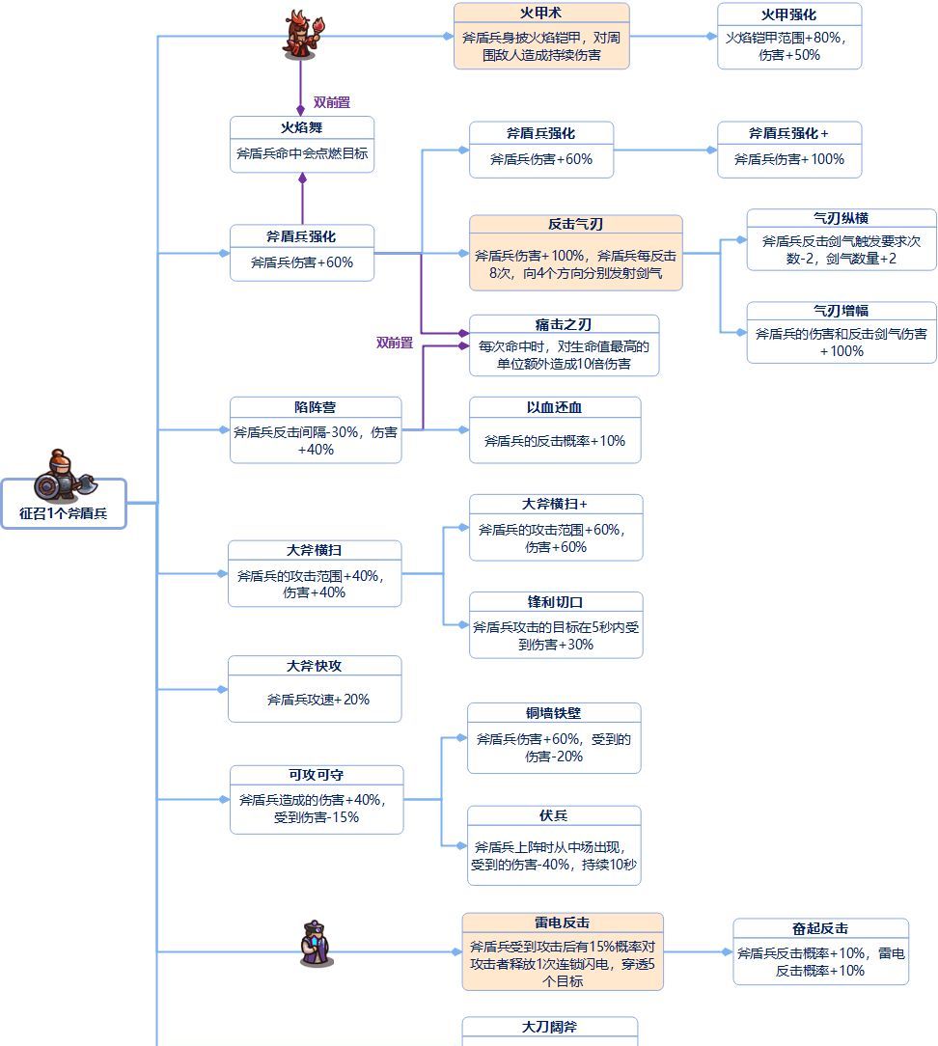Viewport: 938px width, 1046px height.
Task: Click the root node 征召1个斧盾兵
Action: point(64,514)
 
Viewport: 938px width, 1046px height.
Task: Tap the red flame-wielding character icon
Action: point(300,36)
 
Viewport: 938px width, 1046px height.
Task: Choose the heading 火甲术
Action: point(540,14)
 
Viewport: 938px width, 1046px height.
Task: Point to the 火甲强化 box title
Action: point(788,14)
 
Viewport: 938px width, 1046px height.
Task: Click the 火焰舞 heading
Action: point(301,127)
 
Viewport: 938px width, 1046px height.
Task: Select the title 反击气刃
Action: point(575,225)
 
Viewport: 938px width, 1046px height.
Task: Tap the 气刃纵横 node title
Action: point(841,219)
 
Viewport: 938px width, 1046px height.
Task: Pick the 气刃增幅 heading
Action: point(841,312)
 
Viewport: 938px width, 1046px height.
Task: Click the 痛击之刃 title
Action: point(564,324)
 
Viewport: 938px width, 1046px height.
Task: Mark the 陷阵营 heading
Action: point(315,407)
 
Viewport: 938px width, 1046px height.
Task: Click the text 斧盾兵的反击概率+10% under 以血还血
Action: point(554,441)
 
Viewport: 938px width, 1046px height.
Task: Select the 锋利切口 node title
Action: point(555,602)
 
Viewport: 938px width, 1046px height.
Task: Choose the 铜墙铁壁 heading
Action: point(553,713)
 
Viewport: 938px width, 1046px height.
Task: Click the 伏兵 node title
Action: point(553,816)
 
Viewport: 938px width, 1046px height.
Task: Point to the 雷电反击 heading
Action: point(562,923)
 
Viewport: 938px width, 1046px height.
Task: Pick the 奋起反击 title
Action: point(820,928)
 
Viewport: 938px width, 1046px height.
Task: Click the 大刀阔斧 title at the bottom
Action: point(549,1028)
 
